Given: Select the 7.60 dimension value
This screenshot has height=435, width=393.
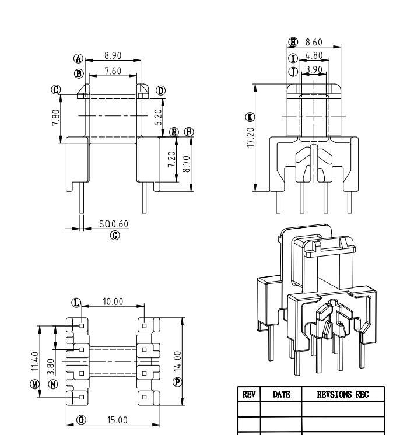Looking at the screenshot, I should coord(113,71).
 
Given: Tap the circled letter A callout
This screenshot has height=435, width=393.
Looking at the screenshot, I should coord(78,58).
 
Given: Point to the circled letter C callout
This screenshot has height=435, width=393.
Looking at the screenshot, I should coord(56,90).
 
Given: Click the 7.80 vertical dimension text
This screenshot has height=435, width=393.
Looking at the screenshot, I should coord(54,115).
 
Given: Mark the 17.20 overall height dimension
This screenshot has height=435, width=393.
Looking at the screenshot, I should coord(250,137).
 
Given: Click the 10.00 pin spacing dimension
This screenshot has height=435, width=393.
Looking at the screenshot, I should coord(113,301).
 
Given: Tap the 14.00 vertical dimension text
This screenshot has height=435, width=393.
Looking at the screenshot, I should coord(177,360).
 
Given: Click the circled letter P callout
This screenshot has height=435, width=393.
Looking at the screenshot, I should coord(177,381).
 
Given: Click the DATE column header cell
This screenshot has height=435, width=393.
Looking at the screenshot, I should coord(281,395).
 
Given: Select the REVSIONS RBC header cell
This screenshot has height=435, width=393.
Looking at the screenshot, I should coord(343,395).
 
